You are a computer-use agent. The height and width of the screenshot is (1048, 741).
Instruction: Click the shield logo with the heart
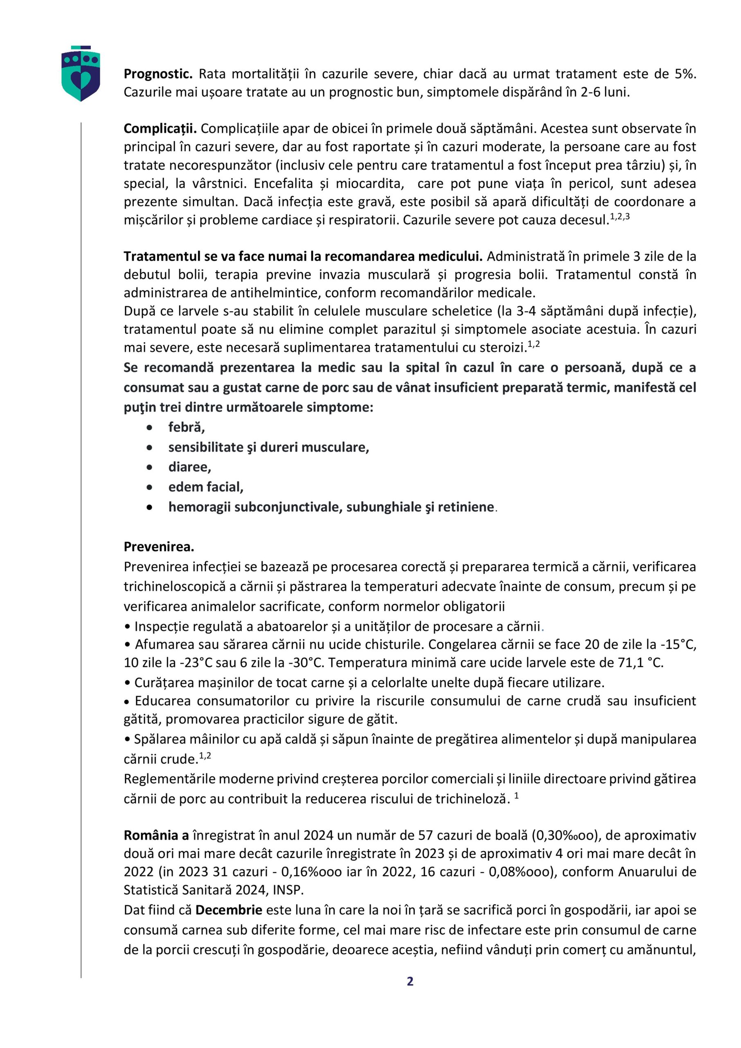[81, 74]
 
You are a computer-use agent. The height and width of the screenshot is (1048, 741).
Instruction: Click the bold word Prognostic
[158, 74]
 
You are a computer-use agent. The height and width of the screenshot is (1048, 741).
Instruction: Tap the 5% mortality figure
[685, 74]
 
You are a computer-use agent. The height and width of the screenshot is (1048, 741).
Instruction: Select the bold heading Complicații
[160, 129]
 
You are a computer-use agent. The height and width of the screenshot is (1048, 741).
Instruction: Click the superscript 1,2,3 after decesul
[619, 217]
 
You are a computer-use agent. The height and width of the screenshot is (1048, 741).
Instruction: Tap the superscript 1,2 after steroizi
[534, 345]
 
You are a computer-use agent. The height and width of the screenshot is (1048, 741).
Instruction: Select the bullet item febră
[186, 427]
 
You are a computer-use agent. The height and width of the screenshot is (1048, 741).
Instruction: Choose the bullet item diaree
[189, 467]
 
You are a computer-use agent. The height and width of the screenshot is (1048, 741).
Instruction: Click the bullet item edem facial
[206, 487]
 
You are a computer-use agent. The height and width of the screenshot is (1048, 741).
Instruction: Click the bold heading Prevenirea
[159, 547]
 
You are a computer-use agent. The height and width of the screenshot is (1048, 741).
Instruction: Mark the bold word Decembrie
[229, 910]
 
